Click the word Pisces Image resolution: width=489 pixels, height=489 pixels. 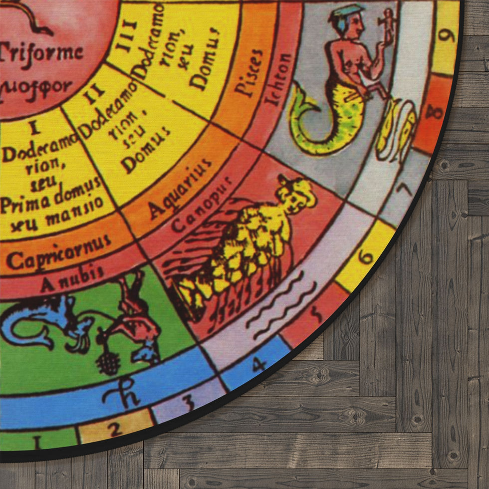coord(249,72)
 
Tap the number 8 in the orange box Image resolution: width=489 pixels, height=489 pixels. coord(434,111)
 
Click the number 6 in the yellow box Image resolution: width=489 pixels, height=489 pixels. coord(366,256)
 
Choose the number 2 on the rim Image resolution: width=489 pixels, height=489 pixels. coord(115,428)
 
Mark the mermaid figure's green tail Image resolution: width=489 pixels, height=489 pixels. coord(319,125)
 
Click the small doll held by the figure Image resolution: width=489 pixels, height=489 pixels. coord(387,22)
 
